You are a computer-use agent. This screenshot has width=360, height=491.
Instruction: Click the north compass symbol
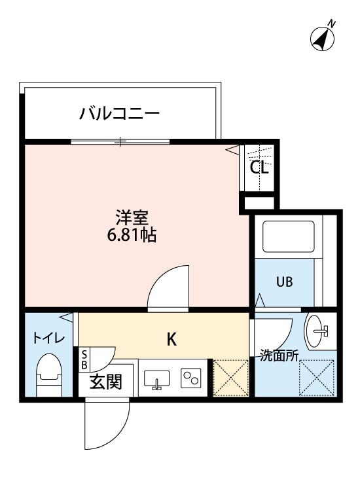click(322, 37)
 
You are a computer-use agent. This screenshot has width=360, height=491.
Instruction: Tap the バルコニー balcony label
click(120, 114)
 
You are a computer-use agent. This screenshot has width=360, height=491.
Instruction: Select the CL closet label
click(259, 168)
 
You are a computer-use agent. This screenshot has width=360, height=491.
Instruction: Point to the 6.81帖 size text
click(132, 236)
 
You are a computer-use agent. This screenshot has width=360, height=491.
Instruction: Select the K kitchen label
click(171, 339)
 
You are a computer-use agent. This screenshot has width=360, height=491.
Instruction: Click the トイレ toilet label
click(49, 338)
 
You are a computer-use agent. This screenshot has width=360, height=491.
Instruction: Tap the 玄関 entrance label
click(106, 382)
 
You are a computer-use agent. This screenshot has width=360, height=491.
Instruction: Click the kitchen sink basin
click(156, 378)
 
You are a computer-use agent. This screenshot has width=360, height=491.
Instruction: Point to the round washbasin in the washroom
click(319, 329)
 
